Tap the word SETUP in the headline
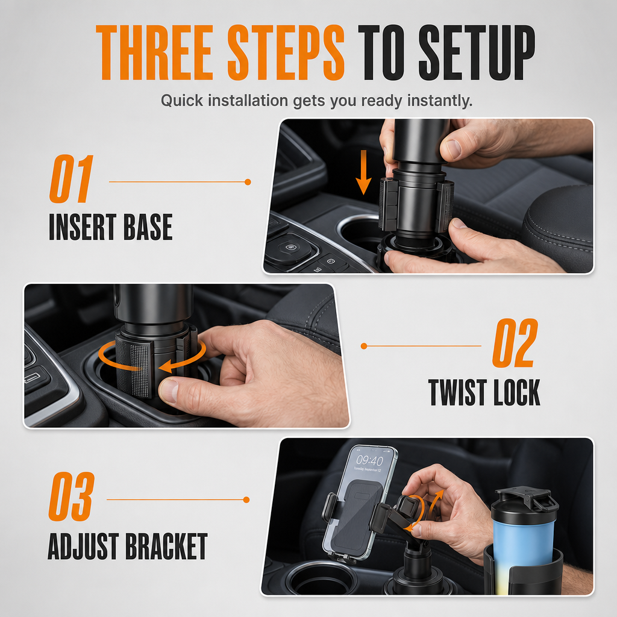(477, 53)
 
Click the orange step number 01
(71, 178)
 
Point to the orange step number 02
(515, 343)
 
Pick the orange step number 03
(71, 496)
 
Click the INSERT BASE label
(111, 227)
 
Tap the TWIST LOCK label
(484, 392)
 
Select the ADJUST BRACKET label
(128, 546)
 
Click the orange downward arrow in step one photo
(363, 172)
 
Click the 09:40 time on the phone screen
(369, 460)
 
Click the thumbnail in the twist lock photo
(169, 390)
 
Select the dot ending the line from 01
(248, 182)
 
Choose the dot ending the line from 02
(364, 346)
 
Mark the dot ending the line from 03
(246, 500)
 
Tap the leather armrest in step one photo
(559, 224)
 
